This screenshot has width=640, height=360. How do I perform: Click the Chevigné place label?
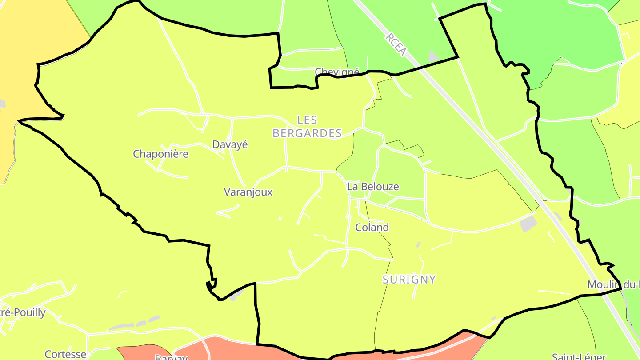click(336, 72)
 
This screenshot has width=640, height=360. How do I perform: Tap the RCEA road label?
click(396, 44)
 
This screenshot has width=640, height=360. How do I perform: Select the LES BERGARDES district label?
click(307, 126)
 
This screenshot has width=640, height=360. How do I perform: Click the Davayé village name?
click(230, 144)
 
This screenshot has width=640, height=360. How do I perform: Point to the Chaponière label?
click(160, 154)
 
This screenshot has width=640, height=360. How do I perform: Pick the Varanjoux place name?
click(248, 192)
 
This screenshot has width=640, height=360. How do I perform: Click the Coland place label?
click(372, 228)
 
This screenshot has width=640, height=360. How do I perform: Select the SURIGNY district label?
click(409, 280)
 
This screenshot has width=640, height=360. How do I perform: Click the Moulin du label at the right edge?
click(613, 284)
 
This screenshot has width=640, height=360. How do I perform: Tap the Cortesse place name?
click(65, 354)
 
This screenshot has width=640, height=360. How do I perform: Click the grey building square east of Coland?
click(528, 224)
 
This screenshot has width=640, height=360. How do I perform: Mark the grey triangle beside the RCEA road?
click(432, 56)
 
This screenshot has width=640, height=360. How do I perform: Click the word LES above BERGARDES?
click(307, 120)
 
